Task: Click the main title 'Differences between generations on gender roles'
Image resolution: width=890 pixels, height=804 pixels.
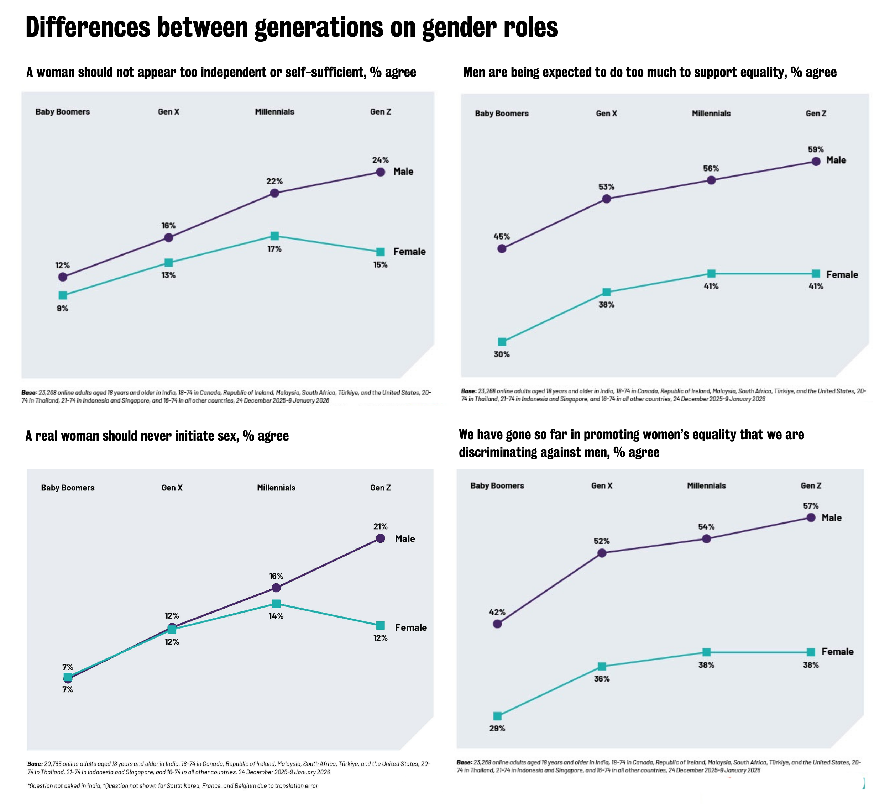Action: (x=291, y=27)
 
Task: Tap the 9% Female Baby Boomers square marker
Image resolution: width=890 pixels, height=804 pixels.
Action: (x=63, y=295)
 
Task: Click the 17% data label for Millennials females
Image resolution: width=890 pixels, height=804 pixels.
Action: (x=274, y=249)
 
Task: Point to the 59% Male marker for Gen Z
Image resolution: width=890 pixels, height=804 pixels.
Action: (x=816, y=161)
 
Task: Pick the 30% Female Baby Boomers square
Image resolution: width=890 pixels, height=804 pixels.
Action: (x=502, y=342)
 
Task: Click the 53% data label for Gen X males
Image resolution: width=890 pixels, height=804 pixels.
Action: (x=606, y=186)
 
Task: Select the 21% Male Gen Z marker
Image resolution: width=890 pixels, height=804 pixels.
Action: (x=380, y=538)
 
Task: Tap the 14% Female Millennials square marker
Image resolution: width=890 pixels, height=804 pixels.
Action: (x=276, y=603)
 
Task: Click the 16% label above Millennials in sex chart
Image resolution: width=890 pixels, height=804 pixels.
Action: (x=276, y=576)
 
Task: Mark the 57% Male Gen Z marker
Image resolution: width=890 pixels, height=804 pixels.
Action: (x=811, y=517)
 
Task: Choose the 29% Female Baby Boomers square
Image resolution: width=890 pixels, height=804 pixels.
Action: (x=497, y=716)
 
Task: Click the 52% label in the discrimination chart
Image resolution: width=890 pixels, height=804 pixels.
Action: (x=601, y=541)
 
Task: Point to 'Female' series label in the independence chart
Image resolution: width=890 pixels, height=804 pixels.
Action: (x=409, y=252)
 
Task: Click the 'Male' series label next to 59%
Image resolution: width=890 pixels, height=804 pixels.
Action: (x=836, y=160)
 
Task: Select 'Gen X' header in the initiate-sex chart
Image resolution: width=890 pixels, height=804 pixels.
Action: (x=172, y=488)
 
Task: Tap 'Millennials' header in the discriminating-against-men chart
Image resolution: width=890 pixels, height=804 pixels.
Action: (x=706, y=485)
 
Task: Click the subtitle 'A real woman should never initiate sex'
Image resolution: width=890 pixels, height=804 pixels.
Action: (x=157, y=436)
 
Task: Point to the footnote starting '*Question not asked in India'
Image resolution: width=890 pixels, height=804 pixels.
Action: (x=172, y=786)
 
